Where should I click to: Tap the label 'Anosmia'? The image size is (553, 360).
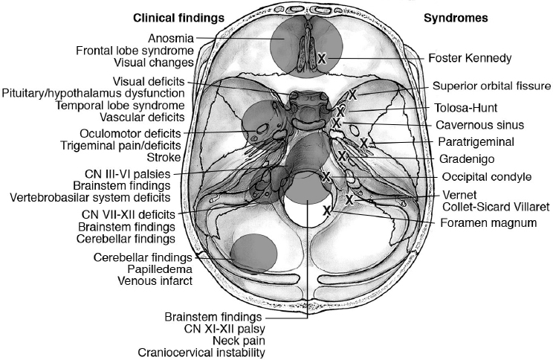point(171,37)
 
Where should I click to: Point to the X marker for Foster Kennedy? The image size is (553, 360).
point(322,57)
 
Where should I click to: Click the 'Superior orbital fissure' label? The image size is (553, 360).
point(493,86)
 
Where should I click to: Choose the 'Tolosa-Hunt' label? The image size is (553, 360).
point(468,106)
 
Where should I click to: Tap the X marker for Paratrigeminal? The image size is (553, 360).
point(363,142)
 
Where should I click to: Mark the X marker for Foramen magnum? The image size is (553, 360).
point(326,210)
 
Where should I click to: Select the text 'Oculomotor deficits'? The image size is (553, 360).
point(146,132)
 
